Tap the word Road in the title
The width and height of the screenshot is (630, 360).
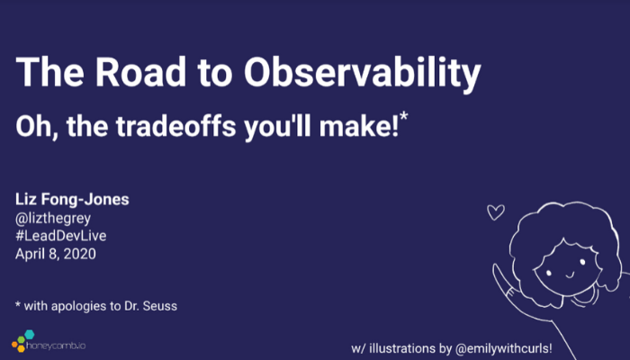coord(140,72)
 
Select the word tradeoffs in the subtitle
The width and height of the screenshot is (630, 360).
coord(175,127)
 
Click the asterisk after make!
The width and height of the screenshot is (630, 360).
coord(404,116)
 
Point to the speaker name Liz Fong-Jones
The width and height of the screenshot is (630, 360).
coord(72,199)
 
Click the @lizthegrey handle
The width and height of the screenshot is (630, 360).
coord(53,218)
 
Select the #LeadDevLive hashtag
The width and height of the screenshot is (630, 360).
coord(61,236)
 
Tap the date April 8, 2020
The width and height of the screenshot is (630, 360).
coord(56,254)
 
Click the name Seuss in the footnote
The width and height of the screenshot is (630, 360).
coord(160,306)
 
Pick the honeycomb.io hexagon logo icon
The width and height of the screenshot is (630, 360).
coord(22,341)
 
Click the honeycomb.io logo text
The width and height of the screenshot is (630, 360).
coord(56,345)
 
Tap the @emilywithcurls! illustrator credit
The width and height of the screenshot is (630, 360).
coord(504,348)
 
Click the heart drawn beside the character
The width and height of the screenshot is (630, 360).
coord(496,211)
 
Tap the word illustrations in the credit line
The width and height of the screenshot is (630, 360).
coord(402,348)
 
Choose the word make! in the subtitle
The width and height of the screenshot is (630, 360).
coord(359,127)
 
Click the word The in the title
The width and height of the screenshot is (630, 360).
coord(49,72)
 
